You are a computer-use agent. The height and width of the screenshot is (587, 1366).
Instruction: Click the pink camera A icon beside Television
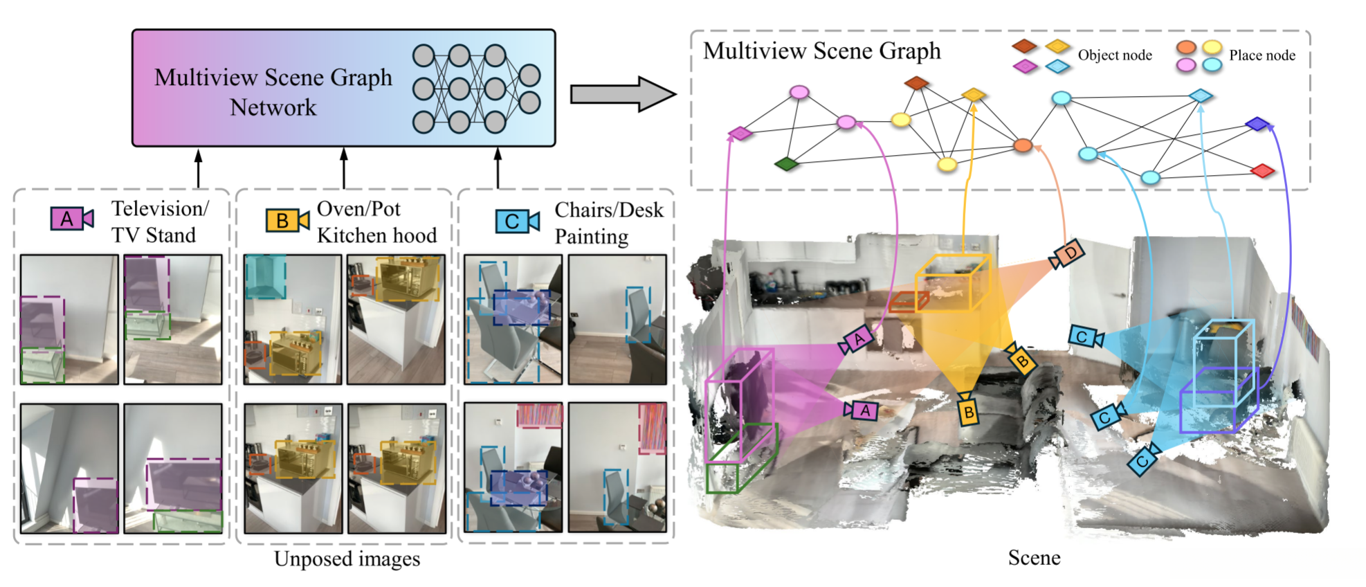[71, 219]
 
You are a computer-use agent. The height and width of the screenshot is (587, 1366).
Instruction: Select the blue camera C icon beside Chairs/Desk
[517, 222]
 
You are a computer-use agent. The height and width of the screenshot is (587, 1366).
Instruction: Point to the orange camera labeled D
[1067, 255]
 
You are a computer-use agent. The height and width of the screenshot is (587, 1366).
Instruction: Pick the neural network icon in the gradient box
[476, 89]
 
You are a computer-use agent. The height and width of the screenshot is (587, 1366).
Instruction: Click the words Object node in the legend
[1114, 55]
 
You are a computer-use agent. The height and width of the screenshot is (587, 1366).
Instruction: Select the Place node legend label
[1262, 55]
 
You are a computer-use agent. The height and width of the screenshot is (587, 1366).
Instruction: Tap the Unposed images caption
[347, 559]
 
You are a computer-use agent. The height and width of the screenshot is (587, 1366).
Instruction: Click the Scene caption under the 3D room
[1034, 557]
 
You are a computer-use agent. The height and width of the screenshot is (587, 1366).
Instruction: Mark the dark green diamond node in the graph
[786, 164]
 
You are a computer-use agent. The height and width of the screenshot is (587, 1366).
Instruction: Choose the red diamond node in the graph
[1263, 170]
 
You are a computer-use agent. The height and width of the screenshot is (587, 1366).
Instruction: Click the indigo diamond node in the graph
[1257, 125]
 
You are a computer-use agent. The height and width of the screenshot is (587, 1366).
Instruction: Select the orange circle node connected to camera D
[1023, 145]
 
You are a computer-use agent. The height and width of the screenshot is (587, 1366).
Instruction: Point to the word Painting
[592, 237]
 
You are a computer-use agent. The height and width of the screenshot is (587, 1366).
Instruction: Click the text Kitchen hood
[377, 236]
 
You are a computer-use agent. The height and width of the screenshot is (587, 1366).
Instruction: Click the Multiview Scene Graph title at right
[822, 51]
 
